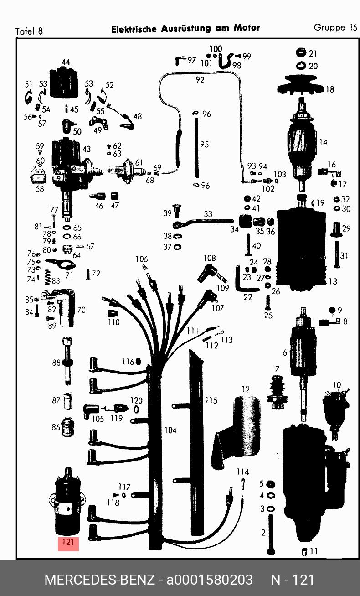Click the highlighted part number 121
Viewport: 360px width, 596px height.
68,543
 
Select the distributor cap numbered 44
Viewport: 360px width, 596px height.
65,82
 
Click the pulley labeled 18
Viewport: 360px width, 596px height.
303,87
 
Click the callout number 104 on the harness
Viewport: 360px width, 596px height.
170,430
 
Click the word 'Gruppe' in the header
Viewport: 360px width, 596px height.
329,27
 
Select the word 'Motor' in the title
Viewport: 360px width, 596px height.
247,28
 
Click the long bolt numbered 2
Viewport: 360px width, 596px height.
271,534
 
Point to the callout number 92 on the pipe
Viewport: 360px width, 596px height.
200,80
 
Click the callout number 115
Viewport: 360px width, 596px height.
211,400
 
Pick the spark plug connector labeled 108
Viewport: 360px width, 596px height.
208,274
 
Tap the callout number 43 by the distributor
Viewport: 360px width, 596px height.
86,149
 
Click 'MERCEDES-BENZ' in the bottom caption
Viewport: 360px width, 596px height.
99,580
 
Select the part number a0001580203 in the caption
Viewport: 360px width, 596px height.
209,580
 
